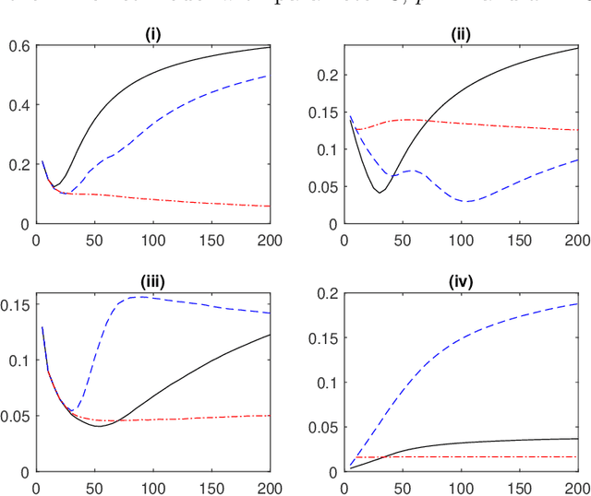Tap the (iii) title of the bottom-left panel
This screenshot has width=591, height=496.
153,283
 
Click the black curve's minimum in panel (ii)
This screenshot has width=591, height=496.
380,192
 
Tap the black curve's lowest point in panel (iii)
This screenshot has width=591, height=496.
99,426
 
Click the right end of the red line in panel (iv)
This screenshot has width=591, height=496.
578,456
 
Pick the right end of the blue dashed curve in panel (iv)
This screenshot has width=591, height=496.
578,303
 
